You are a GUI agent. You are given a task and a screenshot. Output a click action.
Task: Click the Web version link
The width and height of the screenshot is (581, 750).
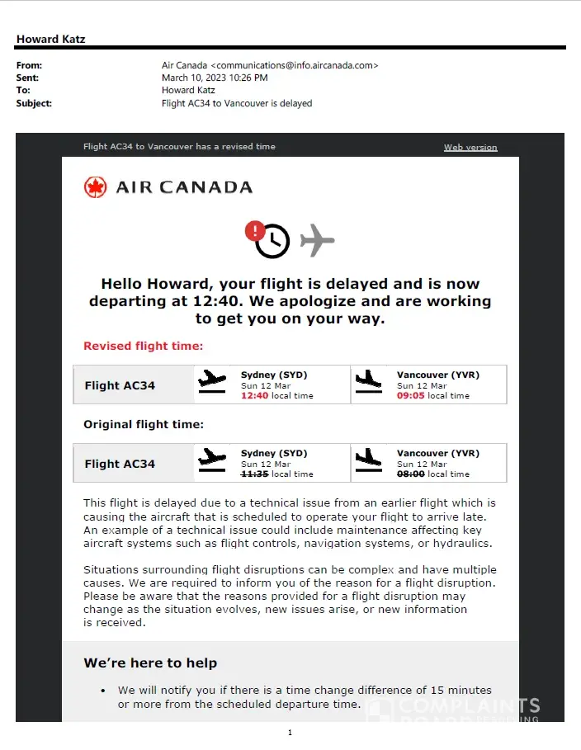click(470, 148)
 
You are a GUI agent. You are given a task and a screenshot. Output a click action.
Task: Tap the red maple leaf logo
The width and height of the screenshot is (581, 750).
click(96, 187)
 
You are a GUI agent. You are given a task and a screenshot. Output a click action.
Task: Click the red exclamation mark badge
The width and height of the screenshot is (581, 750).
click(255, 230)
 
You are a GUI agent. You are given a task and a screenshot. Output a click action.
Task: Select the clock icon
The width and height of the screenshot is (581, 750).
click(272, 241)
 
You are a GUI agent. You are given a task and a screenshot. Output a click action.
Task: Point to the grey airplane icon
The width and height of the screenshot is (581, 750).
click(317, 240)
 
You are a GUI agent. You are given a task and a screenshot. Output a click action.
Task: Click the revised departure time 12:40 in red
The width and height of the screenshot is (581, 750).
click(254, 396)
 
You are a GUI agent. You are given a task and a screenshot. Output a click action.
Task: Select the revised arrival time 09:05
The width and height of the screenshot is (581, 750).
click(410, 396)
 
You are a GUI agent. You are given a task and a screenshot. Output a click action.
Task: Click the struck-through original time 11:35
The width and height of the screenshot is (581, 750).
click(254, 474)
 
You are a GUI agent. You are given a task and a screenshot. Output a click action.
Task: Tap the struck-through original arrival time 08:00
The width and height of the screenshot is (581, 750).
click(410, 474)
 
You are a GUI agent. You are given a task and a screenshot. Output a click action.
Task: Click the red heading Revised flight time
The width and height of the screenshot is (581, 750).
click(143, 347)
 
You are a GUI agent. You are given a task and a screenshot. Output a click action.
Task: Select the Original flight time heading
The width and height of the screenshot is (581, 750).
click(143, 425)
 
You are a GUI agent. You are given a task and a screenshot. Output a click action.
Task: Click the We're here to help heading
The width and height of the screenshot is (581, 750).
click(150, 663)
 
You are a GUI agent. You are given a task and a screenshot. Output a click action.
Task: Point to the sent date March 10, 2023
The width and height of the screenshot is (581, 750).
click(215, 78)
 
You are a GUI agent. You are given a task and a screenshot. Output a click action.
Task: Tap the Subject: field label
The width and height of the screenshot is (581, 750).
click(34, 104)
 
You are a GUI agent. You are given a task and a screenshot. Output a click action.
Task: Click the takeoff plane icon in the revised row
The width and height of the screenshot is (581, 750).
click(212, 381)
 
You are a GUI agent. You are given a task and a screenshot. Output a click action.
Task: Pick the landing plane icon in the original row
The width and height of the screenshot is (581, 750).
click(369, 460)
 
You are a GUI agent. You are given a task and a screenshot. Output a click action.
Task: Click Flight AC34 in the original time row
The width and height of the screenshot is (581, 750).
click(120, 464)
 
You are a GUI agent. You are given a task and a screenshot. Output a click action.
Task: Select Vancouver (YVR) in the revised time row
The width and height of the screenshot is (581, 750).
click(437, 375)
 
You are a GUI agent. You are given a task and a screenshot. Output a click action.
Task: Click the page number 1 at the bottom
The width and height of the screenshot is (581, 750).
click(290, 733)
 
